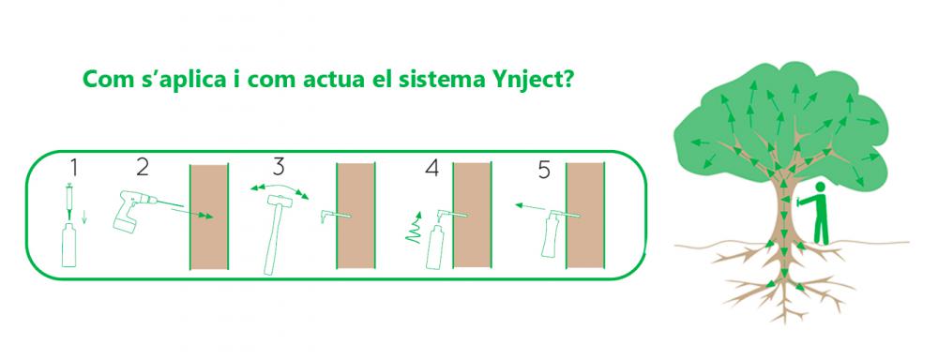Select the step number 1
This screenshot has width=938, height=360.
[x=72, y=168]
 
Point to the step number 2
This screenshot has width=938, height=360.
[x=143, y=167]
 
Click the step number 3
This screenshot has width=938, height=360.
[x=279, y=167]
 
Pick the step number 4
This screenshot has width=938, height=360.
[x=431, y=168]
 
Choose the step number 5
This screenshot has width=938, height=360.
[x=544, y=171]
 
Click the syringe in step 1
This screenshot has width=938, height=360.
[x=70, y=201]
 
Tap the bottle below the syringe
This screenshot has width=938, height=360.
[x=69, y=246]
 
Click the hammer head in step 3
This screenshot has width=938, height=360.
[x=279, y=201]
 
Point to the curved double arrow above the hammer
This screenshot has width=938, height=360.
[x=280, y=187]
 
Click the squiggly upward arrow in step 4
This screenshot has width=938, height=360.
[x=414, y=227]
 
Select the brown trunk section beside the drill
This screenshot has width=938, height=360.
[x=209, y=216]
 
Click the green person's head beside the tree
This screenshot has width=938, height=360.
[x=821, y=187]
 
